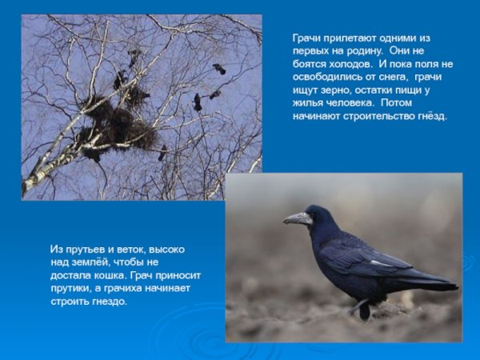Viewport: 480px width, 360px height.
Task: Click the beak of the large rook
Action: point(297,218)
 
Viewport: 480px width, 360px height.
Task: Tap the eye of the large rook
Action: point(310,214)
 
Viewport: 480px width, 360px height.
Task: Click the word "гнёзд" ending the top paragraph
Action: point(433,115)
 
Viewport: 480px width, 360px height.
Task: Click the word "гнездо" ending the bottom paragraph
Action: point(110,301)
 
